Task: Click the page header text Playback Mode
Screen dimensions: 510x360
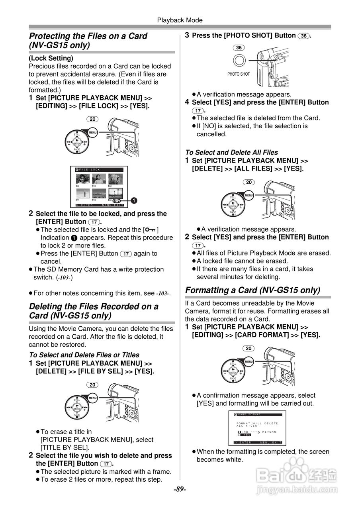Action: click(180, 20)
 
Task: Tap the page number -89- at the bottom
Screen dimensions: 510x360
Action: click(180, 489)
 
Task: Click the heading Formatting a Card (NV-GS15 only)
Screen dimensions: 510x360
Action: click(252, 290)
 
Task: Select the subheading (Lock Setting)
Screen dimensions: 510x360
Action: click(51, 58)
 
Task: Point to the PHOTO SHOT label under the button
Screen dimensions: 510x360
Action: click(239, 74)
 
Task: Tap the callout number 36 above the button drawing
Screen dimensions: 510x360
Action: click(239, 48)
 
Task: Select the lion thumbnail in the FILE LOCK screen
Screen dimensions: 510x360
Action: click(115, 178)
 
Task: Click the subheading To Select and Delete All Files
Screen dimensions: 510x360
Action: click(231, 152)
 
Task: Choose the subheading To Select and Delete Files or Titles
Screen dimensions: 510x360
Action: click(84, 355)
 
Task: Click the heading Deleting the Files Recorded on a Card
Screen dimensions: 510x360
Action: click(94, 311)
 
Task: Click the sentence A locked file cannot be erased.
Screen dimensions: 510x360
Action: click(242, 261)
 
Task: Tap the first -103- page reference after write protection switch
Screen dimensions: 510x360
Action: click(64, 277)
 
